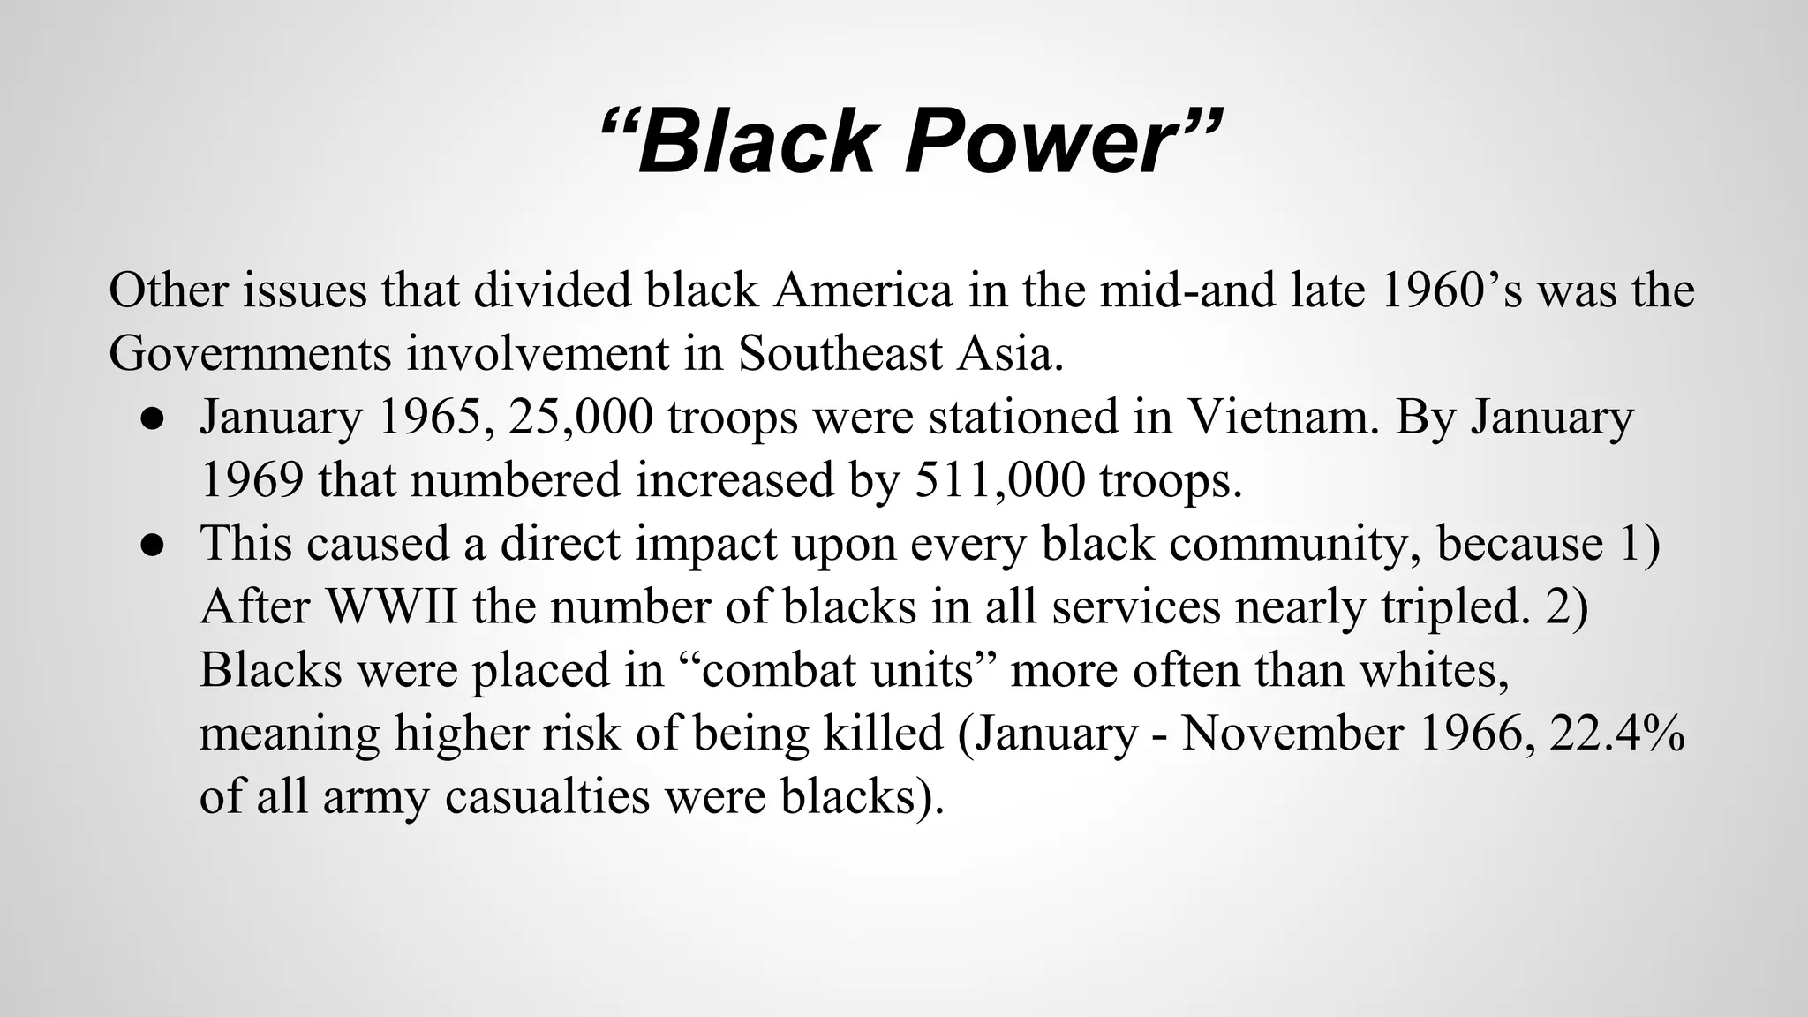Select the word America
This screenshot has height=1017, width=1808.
tap(863, 290)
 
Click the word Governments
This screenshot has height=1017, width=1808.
tap(250, 353)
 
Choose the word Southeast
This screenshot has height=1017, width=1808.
tap(841, 353)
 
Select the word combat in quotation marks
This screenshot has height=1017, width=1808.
tap(778, 670)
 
